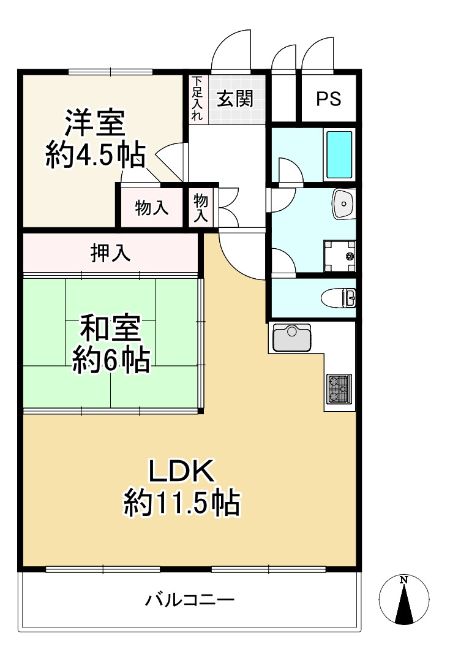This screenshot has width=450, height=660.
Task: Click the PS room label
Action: click(x=328, y=99)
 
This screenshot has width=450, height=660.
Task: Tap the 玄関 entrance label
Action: click(x=235, y=99)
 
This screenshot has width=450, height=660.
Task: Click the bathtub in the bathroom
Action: click(x=339, y=154)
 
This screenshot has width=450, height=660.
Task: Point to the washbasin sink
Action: click(x=344, y=203)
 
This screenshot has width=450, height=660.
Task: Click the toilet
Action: click(x=339, y=298)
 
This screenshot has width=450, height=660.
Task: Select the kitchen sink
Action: click(x=292, y=338)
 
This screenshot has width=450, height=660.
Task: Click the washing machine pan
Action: click(x=339, y=256)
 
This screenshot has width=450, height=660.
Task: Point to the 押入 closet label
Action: click(x=111, y=253)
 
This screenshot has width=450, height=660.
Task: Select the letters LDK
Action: click(x=182, y=472)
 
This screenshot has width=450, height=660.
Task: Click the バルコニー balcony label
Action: click(x=190, y=600)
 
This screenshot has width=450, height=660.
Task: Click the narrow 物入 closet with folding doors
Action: click(x=201, y=208)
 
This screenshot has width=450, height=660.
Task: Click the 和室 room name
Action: click(x=111, y=328)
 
